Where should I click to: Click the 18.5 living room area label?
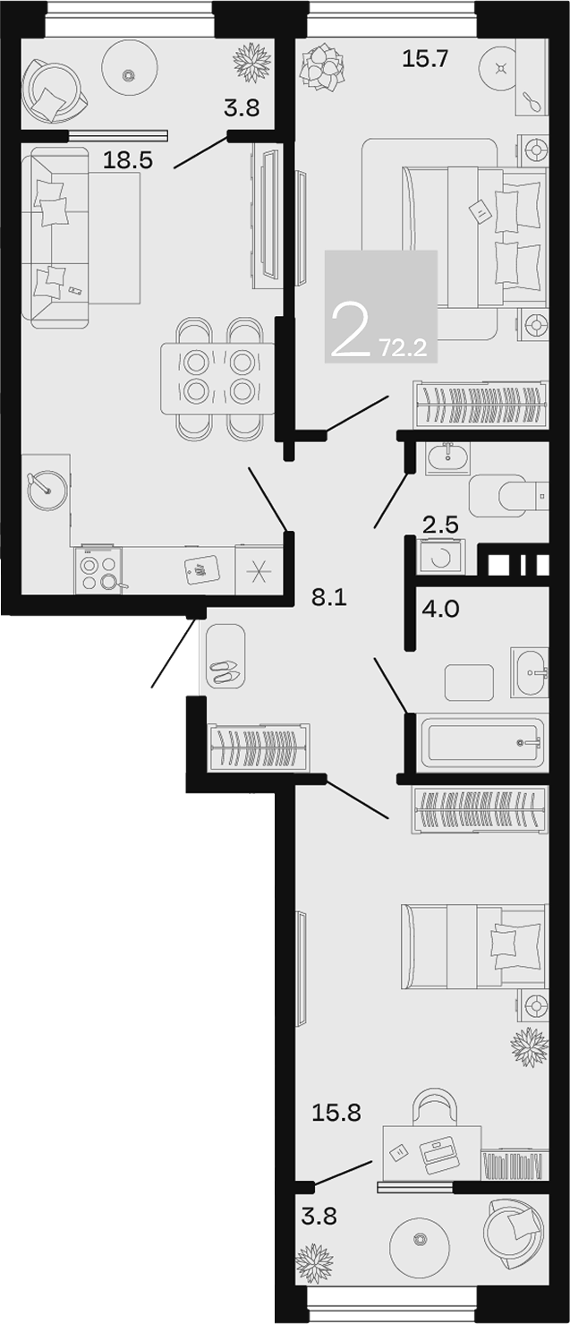[128, 159]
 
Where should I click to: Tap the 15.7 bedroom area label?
[425, 58]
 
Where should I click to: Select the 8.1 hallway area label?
[329, 598]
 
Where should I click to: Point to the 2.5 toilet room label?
[440, 525]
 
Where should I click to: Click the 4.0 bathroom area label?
[440, 608]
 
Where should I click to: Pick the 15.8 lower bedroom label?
[336, 1113]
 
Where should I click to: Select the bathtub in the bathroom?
[482, 742]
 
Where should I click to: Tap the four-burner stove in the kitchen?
[98, 569]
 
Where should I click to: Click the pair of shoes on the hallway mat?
[225, 672]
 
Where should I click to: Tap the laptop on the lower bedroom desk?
[438, 1152]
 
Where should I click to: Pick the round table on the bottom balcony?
[420, 1237]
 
